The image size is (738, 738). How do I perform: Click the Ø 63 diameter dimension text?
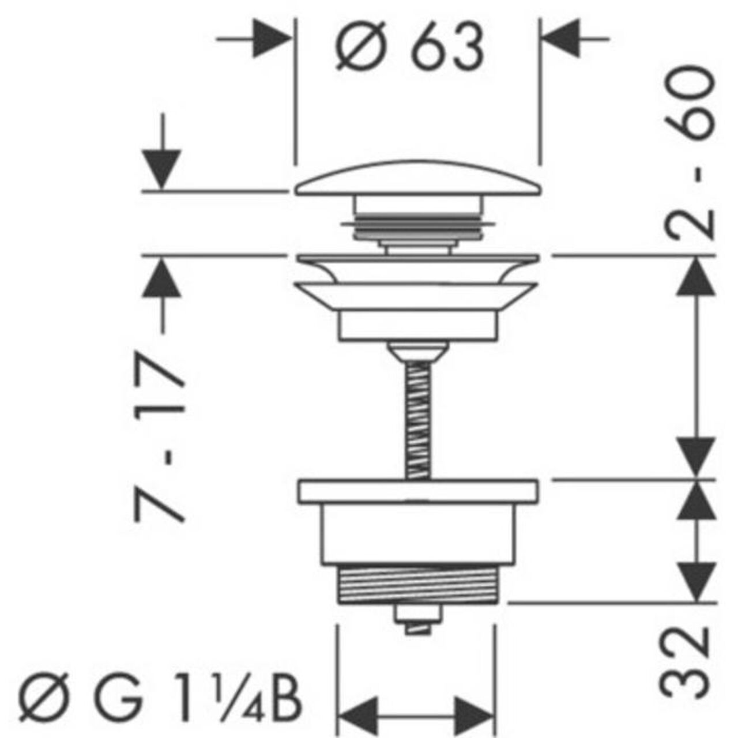tap(409, 46)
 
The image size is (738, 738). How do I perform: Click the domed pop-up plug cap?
tap(418, 178)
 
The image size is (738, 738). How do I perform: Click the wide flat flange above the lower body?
tap(418, 491)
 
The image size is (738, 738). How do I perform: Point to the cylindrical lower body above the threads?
tap(417, 534)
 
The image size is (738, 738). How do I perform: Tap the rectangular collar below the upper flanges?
tap(418, 326)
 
